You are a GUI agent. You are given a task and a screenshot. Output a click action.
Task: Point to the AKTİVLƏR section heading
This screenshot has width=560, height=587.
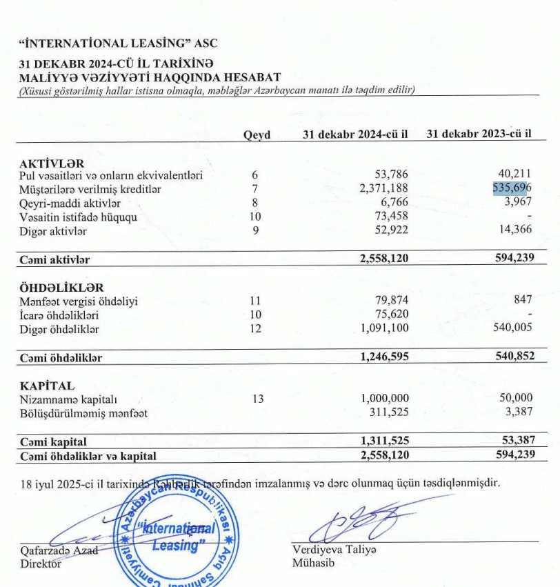click(52, 163)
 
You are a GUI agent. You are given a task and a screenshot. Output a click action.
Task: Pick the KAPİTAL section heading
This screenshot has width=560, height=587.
click(47, 386)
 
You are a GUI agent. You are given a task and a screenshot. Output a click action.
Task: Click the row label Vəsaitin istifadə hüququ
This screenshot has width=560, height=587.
click(78, 217)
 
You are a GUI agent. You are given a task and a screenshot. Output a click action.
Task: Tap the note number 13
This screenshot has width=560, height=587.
click(258, 399)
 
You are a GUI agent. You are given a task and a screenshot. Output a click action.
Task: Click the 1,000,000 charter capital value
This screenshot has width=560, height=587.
click(385, 399)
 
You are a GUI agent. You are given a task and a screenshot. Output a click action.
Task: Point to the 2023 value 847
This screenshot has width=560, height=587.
click(522, 301)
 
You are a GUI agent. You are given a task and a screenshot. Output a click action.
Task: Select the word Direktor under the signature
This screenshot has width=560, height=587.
click(41, 564)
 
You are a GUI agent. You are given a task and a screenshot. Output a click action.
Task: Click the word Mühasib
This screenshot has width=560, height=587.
click(312, 563)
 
